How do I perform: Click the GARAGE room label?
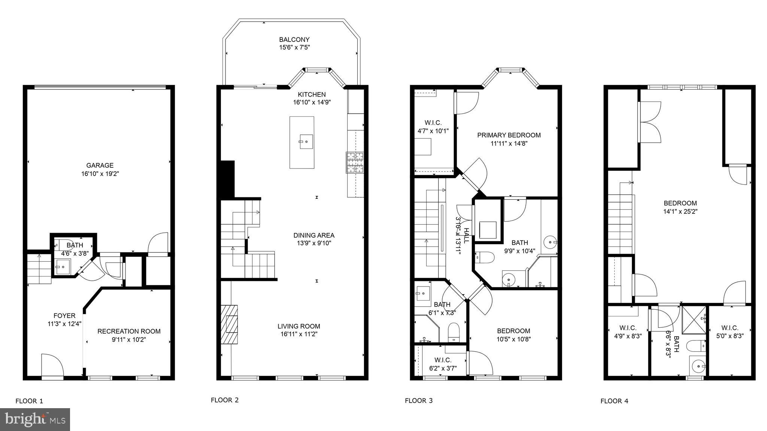click(x=100, y=166)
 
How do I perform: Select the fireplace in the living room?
click(x=229, y=324)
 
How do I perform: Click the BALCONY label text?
click(x=294, y=40)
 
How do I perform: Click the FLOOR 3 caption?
click(x=418, y=401)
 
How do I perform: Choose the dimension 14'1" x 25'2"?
click(x=680, y=211)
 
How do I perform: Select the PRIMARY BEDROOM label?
click(x=509, y=135)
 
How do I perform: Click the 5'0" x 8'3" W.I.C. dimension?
click(x=730, y=336)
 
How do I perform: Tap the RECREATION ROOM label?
click(x=129, y=331)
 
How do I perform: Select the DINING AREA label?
click(x=313, y=236)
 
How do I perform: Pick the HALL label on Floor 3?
click(x=466, y=236)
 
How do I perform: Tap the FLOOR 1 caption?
click(x=29, y=401)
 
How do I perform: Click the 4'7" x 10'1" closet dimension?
click(x=433, y=131)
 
